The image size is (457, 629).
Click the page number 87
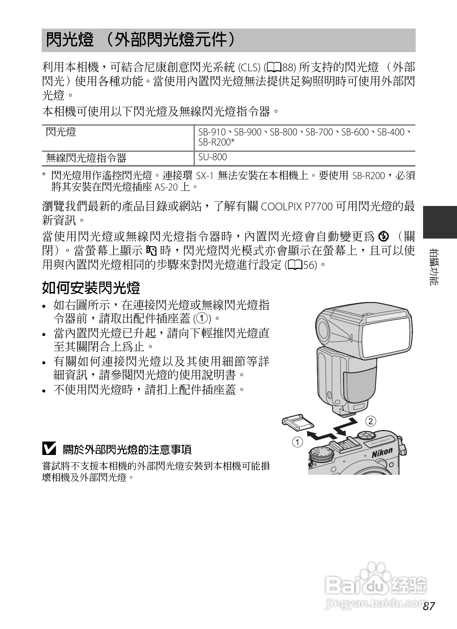(429, 606)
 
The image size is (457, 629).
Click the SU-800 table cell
(212, 157)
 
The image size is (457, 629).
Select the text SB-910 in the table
(212, 132)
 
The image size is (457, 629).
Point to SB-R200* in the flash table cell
(216, 142)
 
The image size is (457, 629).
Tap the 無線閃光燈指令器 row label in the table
(86, 158)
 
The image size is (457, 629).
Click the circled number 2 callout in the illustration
(370, 421)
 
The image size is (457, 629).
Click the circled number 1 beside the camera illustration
(297, 442)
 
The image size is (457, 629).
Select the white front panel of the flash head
(387, 336)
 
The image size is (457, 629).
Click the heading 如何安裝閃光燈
(91, 288)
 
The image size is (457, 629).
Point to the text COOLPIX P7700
(296, 206)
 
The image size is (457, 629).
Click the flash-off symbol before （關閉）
(383, 237)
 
